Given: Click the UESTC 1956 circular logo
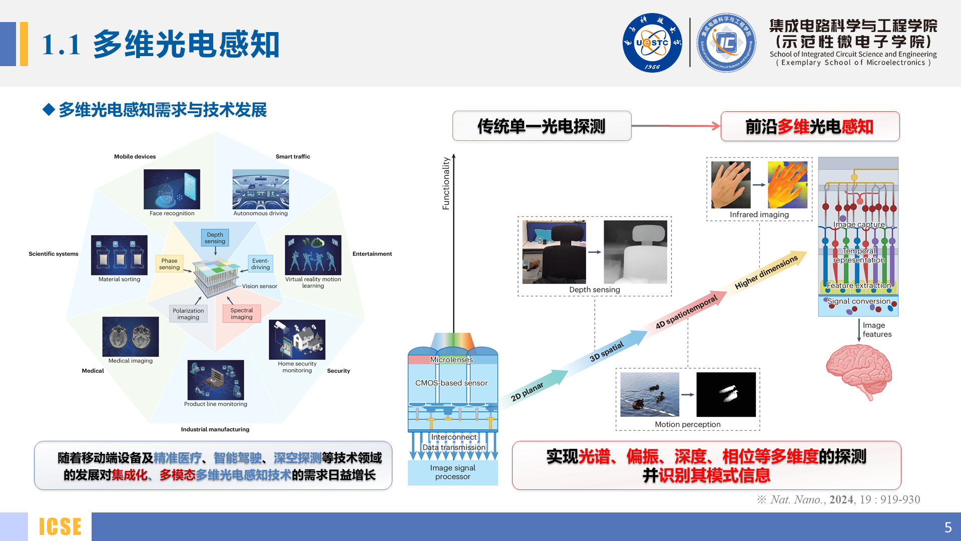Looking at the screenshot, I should click(652, 43).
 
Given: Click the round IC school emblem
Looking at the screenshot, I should click(726, 43).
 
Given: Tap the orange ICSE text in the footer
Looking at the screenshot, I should click(60, 526).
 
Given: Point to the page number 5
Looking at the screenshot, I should click(947, 527).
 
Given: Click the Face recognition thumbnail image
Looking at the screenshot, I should click(172, 189).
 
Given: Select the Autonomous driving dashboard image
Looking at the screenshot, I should click(260, 189).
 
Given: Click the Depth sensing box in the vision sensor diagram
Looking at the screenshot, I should click(215, 238).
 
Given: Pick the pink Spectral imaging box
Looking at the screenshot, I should click(241, 314).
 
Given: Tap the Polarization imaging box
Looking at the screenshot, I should click(188, 314).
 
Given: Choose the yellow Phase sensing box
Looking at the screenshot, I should click(169, 264).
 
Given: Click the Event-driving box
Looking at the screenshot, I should click(260, 264).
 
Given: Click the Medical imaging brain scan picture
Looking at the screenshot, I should click(131, 337).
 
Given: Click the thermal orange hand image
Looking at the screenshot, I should click(787, 184).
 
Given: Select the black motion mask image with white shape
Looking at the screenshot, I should click(726, 394).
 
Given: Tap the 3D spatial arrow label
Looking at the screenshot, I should click(607, 352).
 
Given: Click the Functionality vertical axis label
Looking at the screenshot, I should click(446, 183).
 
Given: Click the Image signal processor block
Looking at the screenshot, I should click(452, 472).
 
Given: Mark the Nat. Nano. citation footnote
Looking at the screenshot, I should click(839, 499).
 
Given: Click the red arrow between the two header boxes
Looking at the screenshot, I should click(676, 126).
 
